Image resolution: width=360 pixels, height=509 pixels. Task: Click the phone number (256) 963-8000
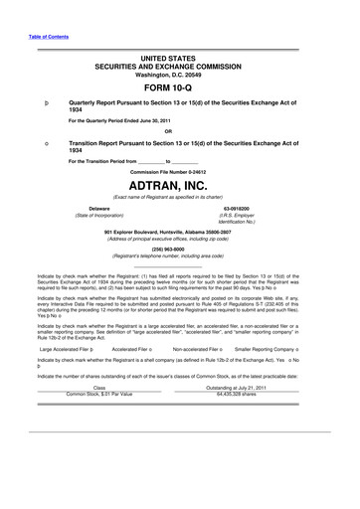point(180,250)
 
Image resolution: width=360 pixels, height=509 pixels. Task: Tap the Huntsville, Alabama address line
point(180,232)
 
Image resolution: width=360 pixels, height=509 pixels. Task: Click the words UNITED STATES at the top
point(180,55)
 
